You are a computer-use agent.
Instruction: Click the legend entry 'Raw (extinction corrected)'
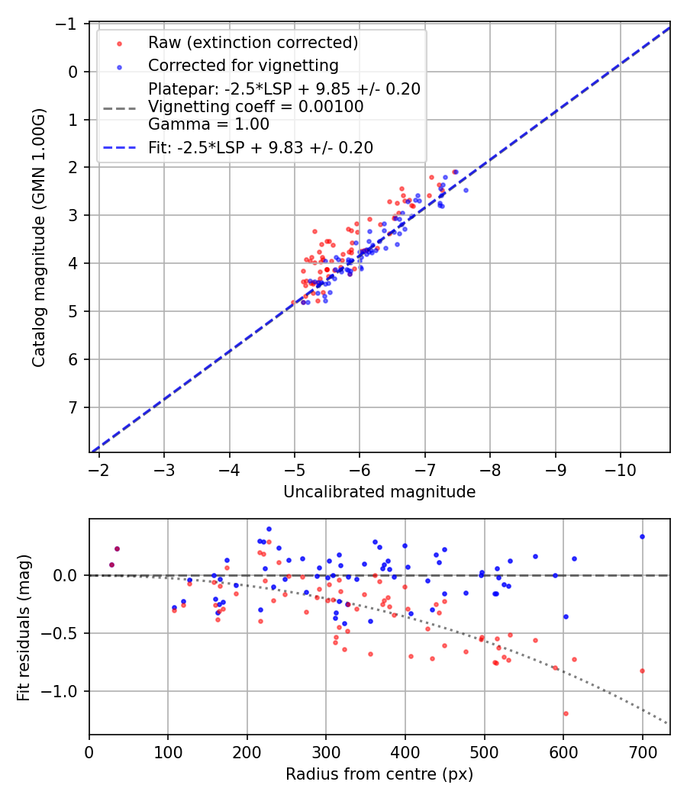(253, 42)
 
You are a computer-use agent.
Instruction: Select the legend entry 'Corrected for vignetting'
(244, 65)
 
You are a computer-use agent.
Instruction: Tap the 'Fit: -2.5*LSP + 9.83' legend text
(260, 148)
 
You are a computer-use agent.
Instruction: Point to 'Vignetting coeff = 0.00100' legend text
(256, 107)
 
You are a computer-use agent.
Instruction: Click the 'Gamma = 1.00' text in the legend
(208, 124)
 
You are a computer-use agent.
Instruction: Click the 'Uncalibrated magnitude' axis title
(379, 492)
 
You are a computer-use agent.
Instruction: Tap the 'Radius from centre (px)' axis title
(379, 774)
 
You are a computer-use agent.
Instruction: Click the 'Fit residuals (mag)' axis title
(24, 627)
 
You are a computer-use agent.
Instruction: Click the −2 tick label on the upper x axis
(98, 468)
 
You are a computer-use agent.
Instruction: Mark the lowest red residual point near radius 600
(566, 713)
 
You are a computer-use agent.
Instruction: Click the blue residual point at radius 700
(642, 536)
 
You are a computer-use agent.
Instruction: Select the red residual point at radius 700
(642, 671)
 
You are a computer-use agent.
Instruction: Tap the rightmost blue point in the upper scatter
(466, 190)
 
